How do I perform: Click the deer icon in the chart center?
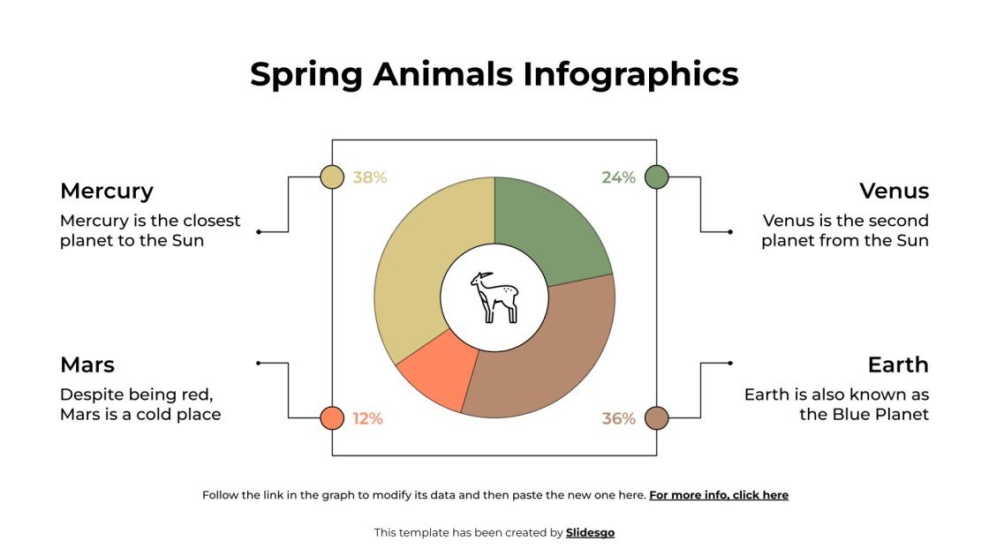coord(494,297)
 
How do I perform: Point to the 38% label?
coord(370,177)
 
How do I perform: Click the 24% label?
coord(618,177)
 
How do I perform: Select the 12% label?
coord(367,418)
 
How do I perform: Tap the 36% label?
coord(618,418)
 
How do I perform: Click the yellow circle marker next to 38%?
coord(332,177)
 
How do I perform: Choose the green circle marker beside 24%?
coord(656,177)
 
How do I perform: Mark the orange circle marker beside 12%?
coord(332,418)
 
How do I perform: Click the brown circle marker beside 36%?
coord(656,418)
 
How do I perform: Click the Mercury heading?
coord(107,191)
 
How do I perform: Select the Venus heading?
coord(894,191)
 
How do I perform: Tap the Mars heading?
coord(87,364)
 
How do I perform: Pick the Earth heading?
coord(898,364)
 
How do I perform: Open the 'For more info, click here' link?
coord(719,495)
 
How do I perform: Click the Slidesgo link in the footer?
coord(590,532)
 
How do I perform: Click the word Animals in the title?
coord(442,74)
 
